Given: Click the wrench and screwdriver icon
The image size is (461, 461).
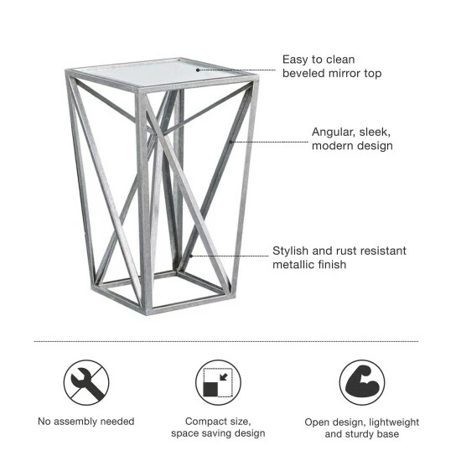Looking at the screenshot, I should click(86, 383).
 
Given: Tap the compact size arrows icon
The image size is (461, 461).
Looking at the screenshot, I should click(218, 383).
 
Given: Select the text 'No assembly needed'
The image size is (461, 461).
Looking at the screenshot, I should click(86, 421).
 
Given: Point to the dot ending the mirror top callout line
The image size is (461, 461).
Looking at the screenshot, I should click(199, 70).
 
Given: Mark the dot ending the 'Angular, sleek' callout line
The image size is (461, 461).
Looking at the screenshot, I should click(231, 142).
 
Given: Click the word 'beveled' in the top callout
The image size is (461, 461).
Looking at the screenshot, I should click(302, 74).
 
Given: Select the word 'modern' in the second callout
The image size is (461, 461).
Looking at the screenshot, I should click(331, 146).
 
